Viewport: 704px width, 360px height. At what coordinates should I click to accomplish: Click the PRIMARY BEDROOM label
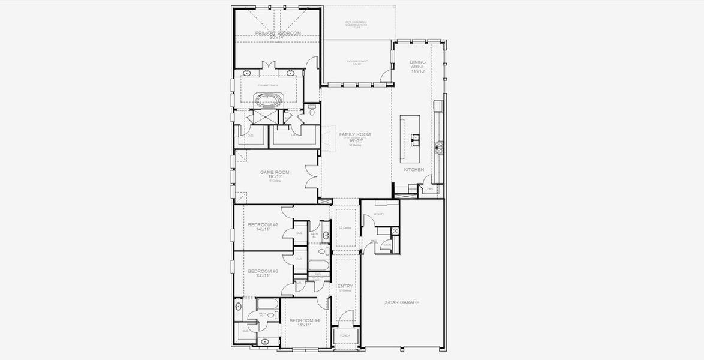[278, 34]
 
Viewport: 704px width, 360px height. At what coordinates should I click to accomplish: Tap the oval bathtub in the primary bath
[267, 100]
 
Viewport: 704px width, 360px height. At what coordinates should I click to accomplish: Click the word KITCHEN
[413, 170]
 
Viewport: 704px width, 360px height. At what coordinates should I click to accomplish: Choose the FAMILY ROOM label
[355, 134]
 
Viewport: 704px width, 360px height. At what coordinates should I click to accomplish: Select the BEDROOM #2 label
[263, 224]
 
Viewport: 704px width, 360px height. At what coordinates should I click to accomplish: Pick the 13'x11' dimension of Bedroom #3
[263, 275]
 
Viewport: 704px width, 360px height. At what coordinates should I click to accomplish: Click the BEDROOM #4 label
[305, 320]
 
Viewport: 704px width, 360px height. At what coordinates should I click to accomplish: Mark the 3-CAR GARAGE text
[401, 302]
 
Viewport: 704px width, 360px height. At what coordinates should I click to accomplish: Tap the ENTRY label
[345, 286]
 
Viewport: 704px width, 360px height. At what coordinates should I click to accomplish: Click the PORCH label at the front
[344, 335]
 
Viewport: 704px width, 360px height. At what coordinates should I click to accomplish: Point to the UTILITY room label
[378, 214]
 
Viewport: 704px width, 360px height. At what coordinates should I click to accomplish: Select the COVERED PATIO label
[357, 61]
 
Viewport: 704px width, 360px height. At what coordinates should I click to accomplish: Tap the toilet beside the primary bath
[312, 111]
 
